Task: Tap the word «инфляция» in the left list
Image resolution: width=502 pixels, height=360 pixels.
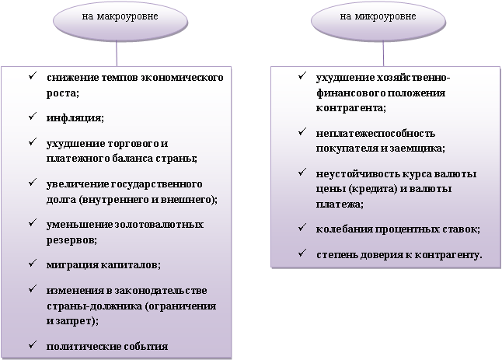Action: click(x=74, y=117)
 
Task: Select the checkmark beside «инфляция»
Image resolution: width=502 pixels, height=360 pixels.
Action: click(x=30, y=117)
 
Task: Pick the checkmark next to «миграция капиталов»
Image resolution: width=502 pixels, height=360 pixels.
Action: click(x=30, y=264)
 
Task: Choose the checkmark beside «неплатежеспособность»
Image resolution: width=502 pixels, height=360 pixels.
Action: click(x=302, y=132)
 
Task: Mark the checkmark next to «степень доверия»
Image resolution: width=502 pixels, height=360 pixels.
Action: click(x=302, y=253)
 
